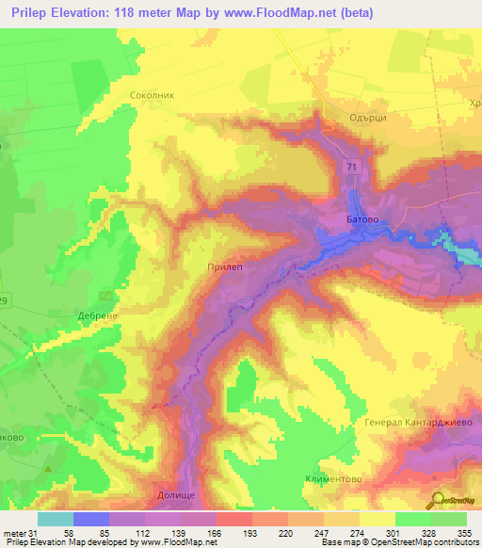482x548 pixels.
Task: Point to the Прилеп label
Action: (x=224, y=267)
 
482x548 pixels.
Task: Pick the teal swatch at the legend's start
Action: (x=56, y=519)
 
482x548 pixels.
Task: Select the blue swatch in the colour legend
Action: (x=91, y=519)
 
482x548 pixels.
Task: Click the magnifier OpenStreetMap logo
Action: (x=439, y=502)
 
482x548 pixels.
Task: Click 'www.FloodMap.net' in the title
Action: (x=283, y=13)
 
